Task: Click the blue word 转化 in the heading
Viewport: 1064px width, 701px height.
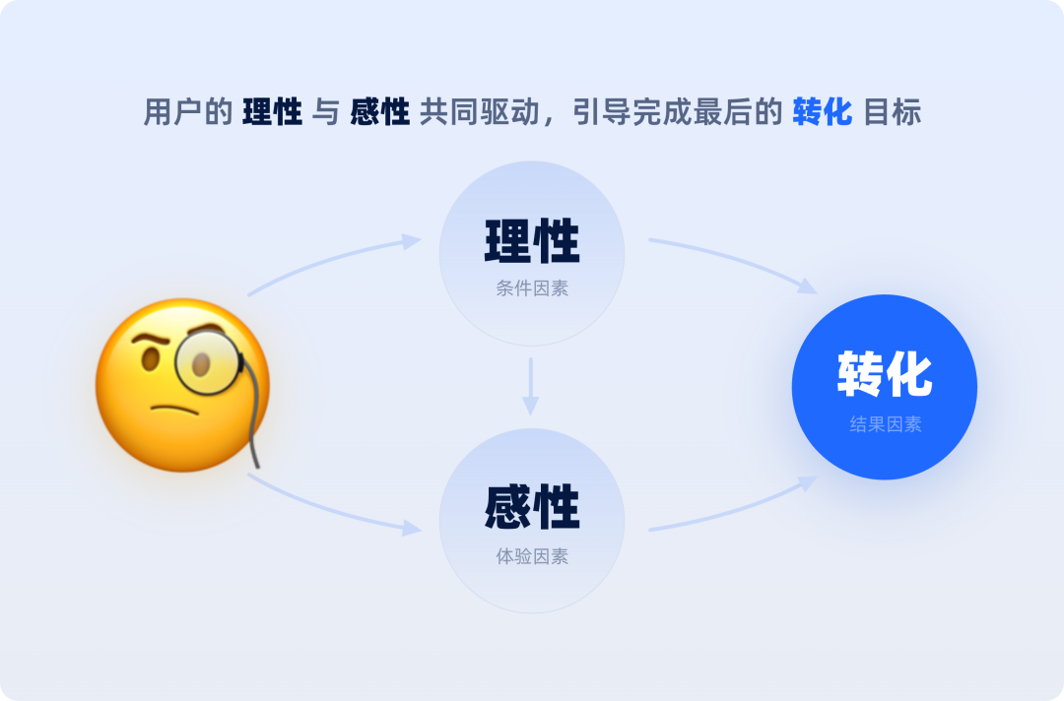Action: pyautogui.click(x=822, y=112)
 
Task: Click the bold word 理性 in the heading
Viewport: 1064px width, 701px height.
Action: pyautogui.click(x=272, y=112)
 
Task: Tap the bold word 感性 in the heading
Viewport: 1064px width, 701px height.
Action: pyautogui.click(x=380, y=112)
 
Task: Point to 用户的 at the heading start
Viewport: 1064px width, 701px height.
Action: pyautogui.click(x=187, y=112)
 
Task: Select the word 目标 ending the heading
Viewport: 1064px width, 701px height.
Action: pyautogui.click(x=892, y=112)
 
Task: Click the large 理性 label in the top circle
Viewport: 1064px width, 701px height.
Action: pyautogui.click(x=532, y=241)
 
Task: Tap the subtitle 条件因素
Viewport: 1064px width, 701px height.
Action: pyautogui.click(x=532, y=289)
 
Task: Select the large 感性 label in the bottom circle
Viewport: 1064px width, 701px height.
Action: pyautogui.click(x=532, y=508)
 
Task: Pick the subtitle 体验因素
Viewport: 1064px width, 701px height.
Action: pyautogui.click(x=532, y=556)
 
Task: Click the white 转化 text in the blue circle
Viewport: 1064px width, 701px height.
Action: pyautogui.click(x=885, y=374)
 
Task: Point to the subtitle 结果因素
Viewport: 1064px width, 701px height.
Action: pyautogui.click(x=885, y=425)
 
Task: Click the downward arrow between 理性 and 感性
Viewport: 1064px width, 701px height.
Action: pyautogui.click(x=531, y=386)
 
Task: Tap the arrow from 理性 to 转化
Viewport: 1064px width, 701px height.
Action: pyautogui.click(x=734, y=261)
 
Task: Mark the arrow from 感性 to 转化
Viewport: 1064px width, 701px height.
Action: pyautogui.click(x=734, y=508)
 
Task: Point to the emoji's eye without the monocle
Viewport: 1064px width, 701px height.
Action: pyautogui.click(x=150, y=360)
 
